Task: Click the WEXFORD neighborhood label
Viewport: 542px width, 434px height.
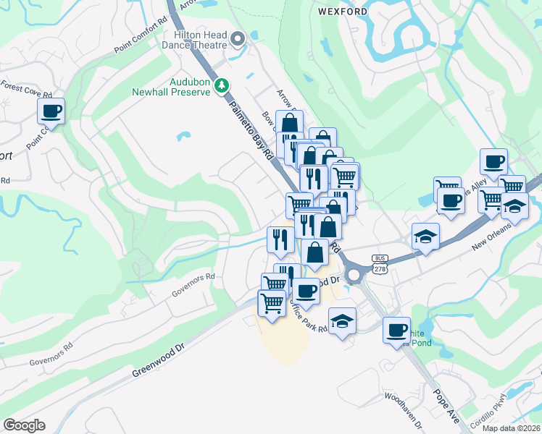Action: pos(342,12)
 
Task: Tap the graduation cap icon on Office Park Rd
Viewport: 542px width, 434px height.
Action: pos(342,320)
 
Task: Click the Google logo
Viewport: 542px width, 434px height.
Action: pos(24,425)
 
